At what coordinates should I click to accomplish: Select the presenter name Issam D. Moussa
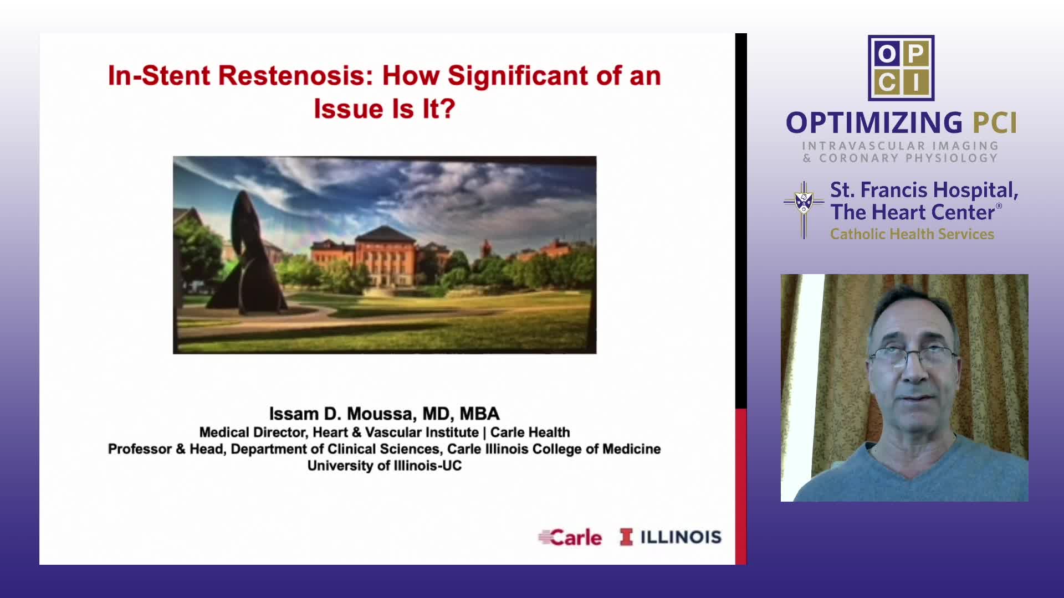(x=342, y=414)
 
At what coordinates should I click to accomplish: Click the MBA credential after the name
(x=480, y=414)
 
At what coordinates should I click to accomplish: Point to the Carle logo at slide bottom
(x=570, y=537)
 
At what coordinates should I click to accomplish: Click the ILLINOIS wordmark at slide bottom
(x=681, y=537)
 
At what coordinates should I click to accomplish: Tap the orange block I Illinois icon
(x=626, y=537)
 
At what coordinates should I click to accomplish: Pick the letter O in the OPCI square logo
(x=887, y=54)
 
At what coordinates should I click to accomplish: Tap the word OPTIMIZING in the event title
(x=874, y=123)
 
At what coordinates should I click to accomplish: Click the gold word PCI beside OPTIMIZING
(x=995, y=123)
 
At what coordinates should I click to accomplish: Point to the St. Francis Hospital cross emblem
(x=804, y=209)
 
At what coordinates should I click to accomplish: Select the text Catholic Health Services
(x=912, y=234)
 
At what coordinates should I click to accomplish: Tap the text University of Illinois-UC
(x=385, y=466)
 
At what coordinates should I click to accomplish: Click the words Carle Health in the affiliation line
(x=530, y=432)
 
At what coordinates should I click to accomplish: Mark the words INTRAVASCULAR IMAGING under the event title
(x=901, y=146)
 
